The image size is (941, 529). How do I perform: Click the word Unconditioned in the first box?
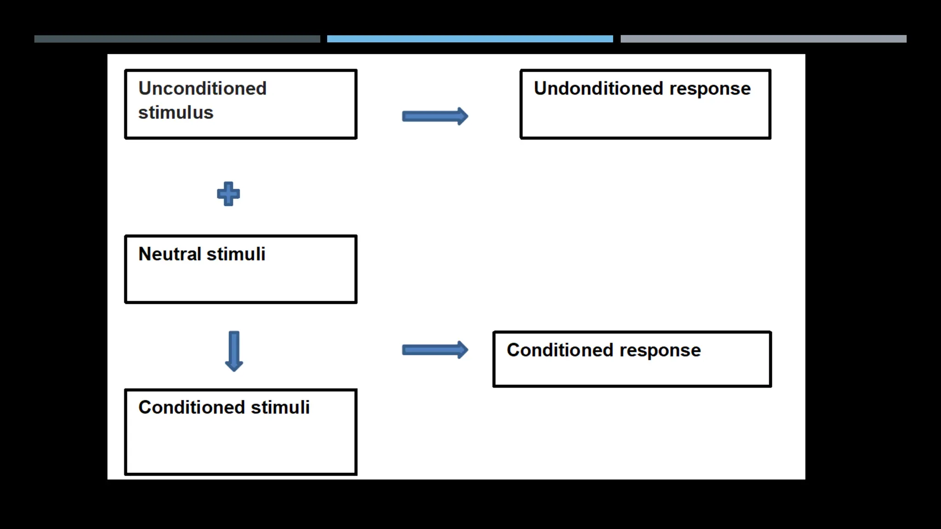tap(202, 88)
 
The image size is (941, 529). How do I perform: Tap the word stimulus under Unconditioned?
tap(176, 113)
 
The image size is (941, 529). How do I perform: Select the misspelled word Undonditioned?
tap(598, 88)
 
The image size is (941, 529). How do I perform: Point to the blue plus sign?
tap(228, 194)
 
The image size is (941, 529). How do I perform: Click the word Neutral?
tap(170, 254)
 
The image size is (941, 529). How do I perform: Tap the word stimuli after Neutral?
tap(236, 254)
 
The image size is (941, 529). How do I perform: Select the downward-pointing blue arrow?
tap(234, 350)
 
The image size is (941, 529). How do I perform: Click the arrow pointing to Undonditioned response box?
tap(435, 116)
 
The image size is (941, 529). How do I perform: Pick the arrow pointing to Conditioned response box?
tap(435, 350)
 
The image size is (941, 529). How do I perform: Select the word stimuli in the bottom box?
tap(280, 407)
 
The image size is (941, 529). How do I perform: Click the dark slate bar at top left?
tap(177, 39)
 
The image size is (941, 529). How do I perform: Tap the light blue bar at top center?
tap(470, 39)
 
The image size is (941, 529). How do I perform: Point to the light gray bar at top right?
tap(763, 39)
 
